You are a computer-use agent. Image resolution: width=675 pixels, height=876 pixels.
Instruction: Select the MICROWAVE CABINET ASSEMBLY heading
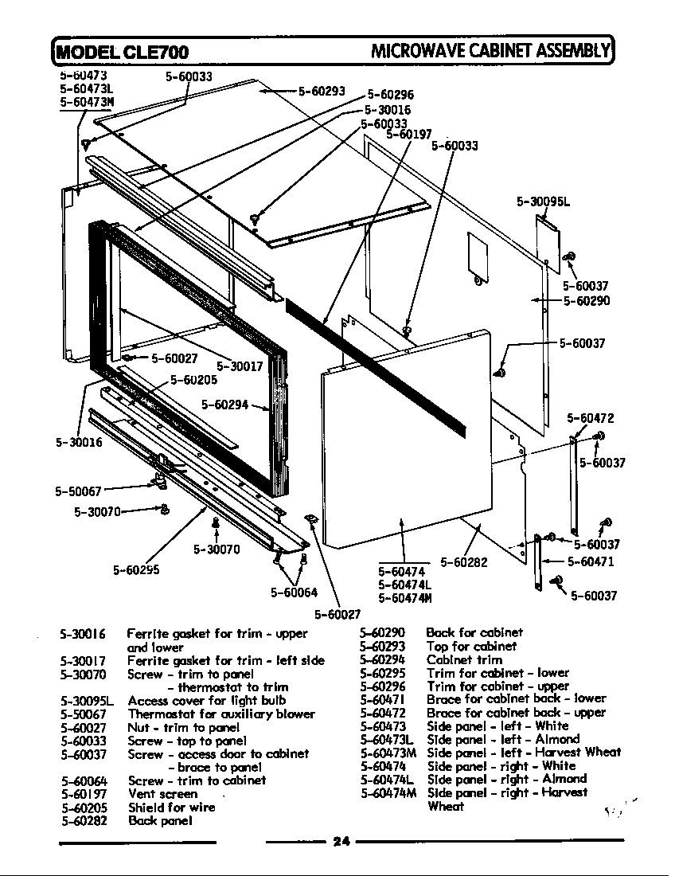click(489, 52)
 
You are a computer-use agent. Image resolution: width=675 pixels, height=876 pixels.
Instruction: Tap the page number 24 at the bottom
click(341, 843)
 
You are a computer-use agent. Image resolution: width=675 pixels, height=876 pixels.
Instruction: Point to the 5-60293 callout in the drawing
click(322, 91)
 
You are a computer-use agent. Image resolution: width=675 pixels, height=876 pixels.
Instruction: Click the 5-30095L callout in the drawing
click(544, 202)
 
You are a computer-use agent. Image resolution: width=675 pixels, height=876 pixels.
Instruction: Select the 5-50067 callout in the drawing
click(78, 491)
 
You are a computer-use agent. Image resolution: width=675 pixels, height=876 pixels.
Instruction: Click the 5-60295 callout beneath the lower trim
click(137, 569)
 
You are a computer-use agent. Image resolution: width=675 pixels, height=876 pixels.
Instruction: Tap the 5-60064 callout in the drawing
click(294, 592)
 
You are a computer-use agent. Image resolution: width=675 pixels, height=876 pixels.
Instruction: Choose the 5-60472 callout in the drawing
click(591, 418)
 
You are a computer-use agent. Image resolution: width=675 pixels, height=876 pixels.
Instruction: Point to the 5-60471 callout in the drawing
click(591, 561)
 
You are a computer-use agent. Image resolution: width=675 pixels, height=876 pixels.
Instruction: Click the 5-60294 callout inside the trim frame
click(224, 405)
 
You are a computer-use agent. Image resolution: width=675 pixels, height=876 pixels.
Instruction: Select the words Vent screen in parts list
click(162, 794)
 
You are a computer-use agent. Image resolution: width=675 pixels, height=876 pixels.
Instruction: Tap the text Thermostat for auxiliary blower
click(221, 714)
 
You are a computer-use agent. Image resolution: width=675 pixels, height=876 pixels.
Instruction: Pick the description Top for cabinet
click(471, 646)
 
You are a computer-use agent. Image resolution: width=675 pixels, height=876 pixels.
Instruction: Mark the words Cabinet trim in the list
click(464, 659)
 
